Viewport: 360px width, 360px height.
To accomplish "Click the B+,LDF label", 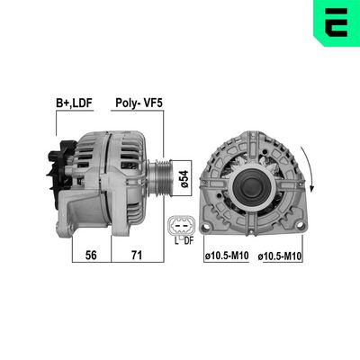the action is [74, 103].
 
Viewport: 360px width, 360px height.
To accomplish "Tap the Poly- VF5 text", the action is [139, 103].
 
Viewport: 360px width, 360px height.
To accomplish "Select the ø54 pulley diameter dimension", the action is [184, 178].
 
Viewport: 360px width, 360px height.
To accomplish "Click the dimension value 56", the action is [91, 255].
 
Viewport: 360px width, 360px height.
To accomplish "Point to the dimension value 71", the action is [137, 255].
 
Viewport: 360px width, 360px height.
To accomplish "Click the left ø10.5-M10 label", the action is [227, 256].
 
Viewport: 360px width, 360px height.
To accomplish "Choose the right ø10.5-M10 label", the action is [280, 256].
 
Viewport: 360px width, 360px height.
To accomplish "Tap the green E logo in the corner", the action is [337, 22].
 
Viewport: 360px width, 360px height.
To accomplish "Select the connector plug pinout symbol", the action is [181, 226].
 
